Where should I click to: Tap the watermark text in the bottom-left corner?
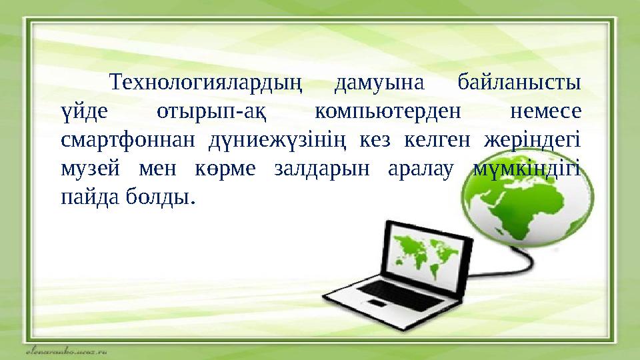click(x=67, y=351)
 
